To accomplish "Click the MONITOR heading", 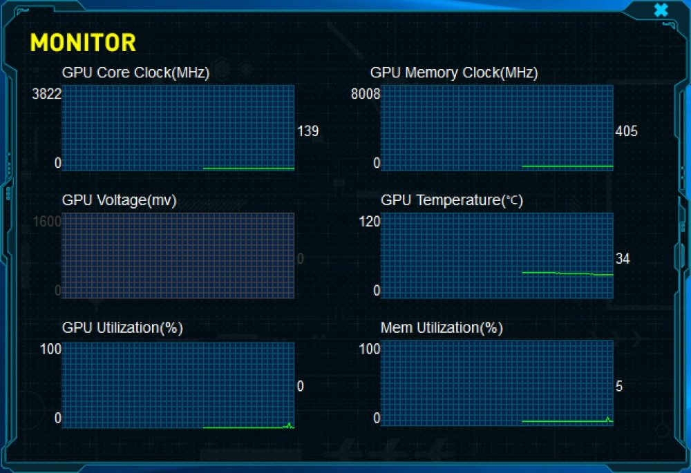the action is [x=83, y=43].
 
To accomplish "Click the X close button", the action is [x=661, y=10].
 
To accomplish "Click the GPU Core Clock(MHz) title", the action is [x=135, y=73].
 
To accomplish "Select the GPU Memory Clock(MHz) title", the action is [x=454, y=73].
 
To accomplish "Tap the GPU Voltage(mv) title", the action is [x=120, y=200].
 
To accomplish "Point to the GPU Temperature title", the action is [x=452, y=200].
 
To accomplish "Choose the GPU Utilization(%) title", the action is [x=122, y=328].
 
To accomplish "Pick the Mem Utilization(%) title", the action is [x=442, y=328].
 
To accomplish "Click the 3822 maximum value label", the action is [x=47, y=94].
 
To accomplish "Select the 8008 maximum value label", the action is [x=366, y=94].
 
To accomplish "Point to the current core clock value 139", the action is [x=307, y=131].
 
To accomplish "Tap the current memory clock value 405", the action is [x=626, y=131].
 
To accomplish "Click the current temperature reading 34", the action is [x=623, y=258].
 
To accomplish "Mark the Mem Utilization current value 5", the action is [x=619, y=386].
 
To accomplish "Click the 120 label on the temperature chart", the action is [x=369, y=221].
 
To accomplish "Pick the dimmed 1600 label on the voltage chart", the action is [x=47, y=221].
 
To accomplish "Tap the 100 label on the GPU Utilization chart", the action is [x=50, y=349].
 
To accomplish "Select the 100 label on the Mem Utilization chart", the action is [x=369, y=349].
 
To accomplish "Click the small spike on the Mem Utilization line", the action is [x=608, y=419].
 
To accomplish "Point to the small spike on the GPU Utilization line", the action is [x=289, y=425].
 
